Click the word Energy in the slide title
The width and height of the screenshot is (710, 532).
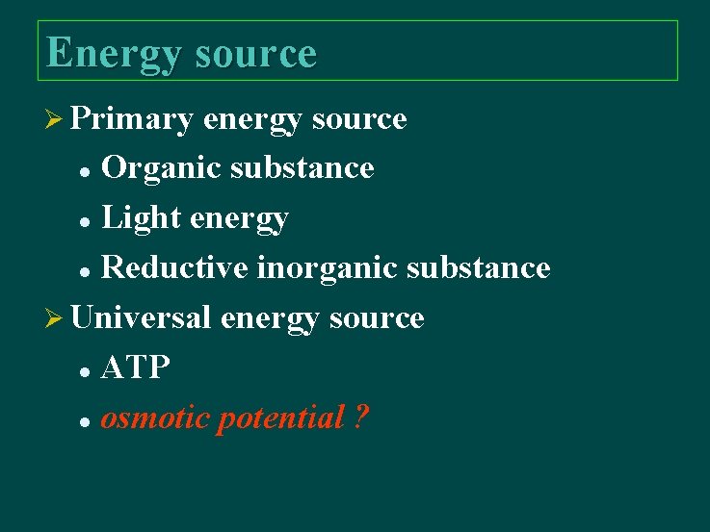point(113,54)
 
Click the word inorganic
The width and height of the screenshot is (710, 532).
point(327,267)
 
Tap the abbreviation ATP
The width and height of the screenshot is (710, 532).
point(136,367)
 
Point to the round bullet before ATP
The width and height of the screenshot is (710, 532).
point(86,370)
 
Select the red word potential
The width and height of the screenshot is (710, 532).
point(280,418)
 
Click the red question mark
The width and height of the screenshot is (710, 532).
point(359,418)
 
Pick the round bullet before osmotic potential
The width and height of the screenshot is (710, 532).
point(86,421)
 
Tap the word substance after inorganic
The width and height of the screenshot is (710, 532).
point(478,267)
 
